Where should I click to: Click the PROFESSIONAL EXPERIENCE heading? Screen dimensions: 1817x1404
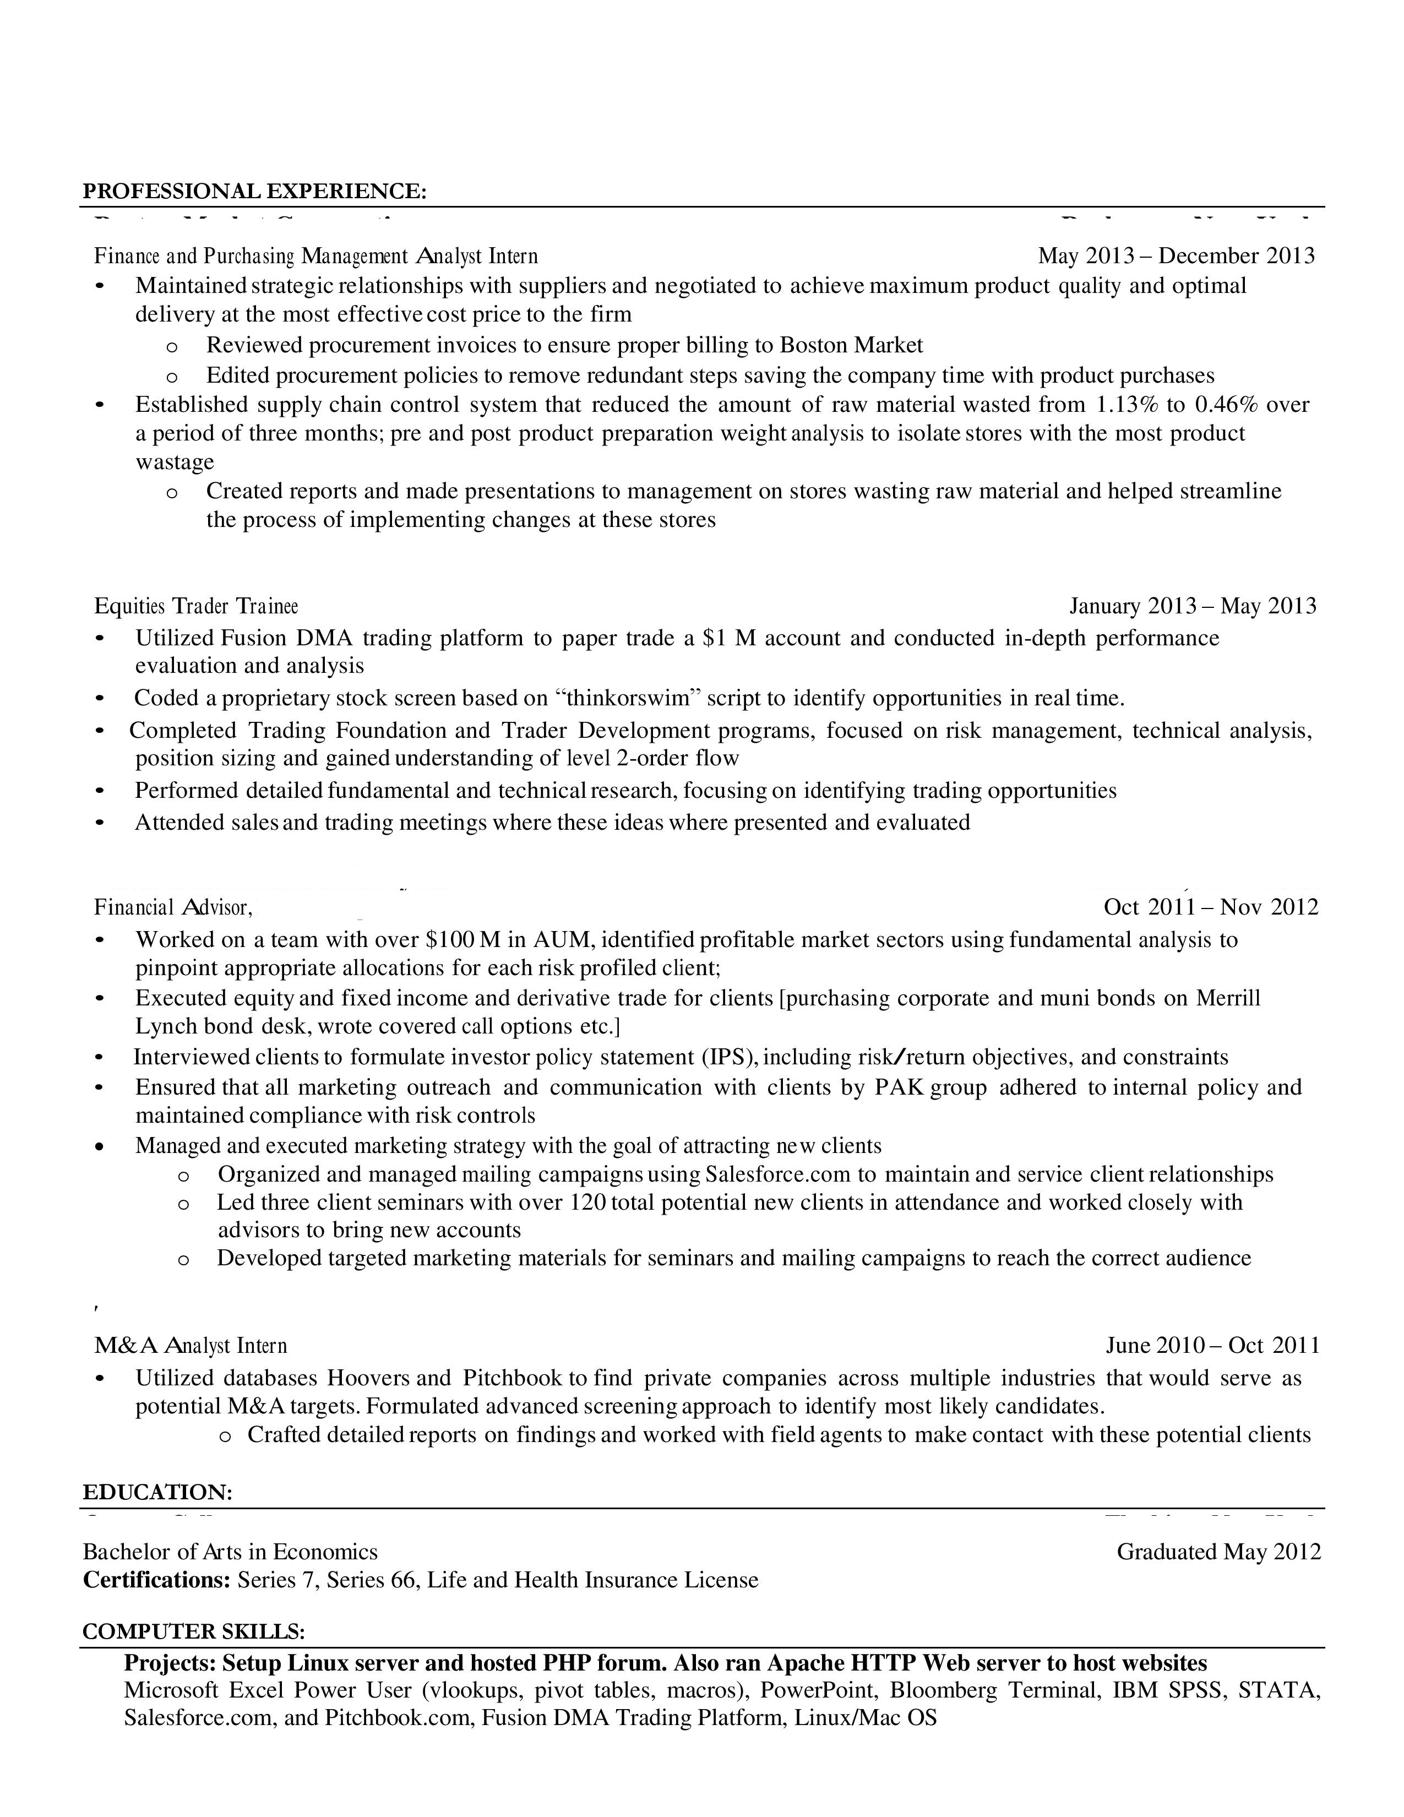click(x=254, y=192)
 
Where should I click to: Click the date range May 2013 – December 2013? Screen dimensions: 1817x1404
click(x=1176, y=255)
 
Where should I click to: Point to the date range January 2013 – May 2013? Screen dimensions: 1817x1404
click(x=1193, y=606)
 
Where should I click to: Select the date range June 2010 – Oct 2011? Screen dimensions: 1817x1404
click(x=1212, y=1345)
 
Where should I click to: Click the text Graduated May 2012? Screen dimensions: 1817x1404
click(x=1218, y=1552)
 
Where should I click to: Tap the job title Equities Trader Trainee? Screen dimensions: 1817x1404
click(x=197, y=606)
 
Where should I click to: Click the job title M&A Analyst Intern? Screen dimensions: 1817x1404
click(x=191, y=1345)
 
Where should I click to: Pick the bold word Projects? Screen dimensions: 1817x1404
click(x=170, y=1663)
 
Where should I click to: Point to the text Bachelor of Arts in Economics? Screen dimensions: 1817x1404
click(x=230, y=1552)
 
